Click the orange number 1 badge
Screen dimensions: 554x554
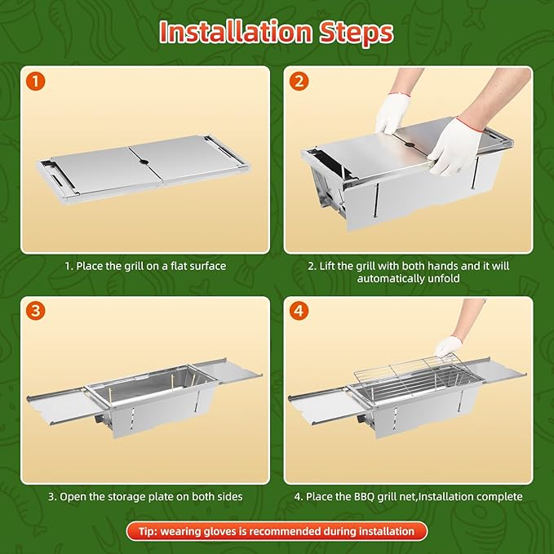pyautogui.click(x=35, y=82)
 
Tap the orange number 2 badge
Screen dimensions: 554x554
pyautogui.click(x=299, y=82)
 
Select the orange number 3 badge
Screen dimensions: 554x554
pyautogui.click(x=35, y=312)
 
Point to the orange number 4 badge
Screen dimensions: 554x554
pyautogui.click(x=299, y=312)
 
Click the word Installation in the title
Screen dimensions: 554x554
pyautogui.click(x=235, y=32)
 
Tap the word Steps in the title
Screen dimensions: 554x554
pyautogui.click(x=356, y=33)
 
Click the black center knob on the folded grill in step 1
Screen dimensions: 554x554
pyautogui.click(x=144, y=162)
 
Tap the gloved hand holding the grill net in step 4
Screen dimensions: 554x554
pyautogui.click(x=449, y=347)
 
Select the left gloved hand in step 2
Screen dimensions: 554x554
pyautogui.click(x=392, y=113)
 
